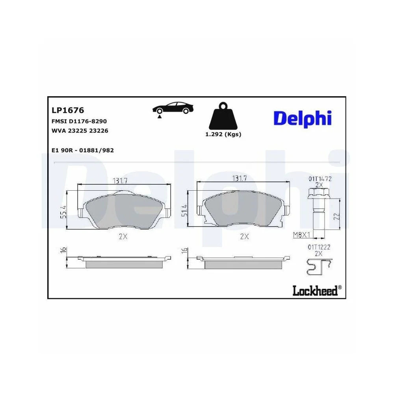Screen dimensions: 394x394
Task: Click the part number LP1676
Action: pos(68,111)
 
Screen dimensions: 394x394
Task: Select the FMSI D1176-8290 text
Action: pos(79,121)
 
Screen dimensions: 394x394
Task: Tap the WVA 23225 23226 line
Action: pos(80,130)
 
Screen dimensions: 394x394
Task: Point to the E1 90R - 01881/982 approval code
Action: pos(83,150)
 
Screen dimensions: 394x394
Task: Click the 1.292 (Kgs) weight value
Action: pos(223,134)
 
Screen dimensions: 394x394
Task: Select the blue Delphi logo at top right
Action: pos(302,118)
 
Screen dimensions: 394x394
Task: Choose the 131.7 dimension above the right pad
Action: pos(239,178)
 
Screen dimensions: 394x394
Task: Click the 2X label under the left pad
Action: pos(123,236)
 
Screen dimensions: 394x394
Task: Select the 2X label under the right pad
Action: pos(244,236)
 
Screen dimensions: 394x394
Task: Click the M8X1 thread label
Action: pos(300,235)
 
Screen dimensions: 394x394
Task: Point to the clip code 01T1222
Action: pos(319,247)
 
